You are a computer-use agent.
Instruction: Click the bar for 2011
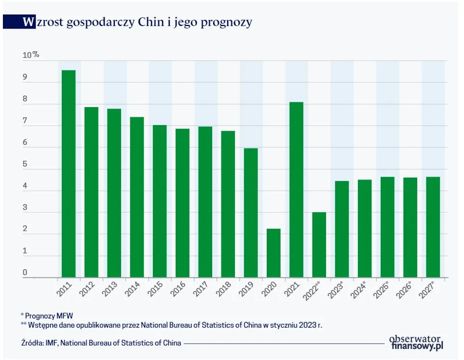[68, 174]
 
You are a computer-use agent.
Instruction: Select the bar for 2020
[273, 253]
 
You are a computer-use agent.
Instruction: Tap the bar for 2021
[296, 190]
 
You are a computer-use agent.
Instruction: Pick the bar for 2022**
[319, 245]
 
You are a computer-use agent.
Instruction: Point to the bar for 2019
[251, 212]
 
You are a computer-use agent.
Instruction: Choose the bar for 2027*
[433, 227]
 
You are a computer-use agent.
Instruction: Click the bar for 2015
[160, 201]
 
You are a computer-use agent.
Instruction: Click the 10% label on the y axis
[30, 55]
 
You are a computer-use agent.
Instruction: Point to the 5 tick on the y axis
[25, 165]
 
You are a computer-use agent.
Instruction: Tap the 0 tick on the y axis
[25, 274]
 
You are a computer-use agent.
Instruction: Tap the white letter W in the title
[29, 22]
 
